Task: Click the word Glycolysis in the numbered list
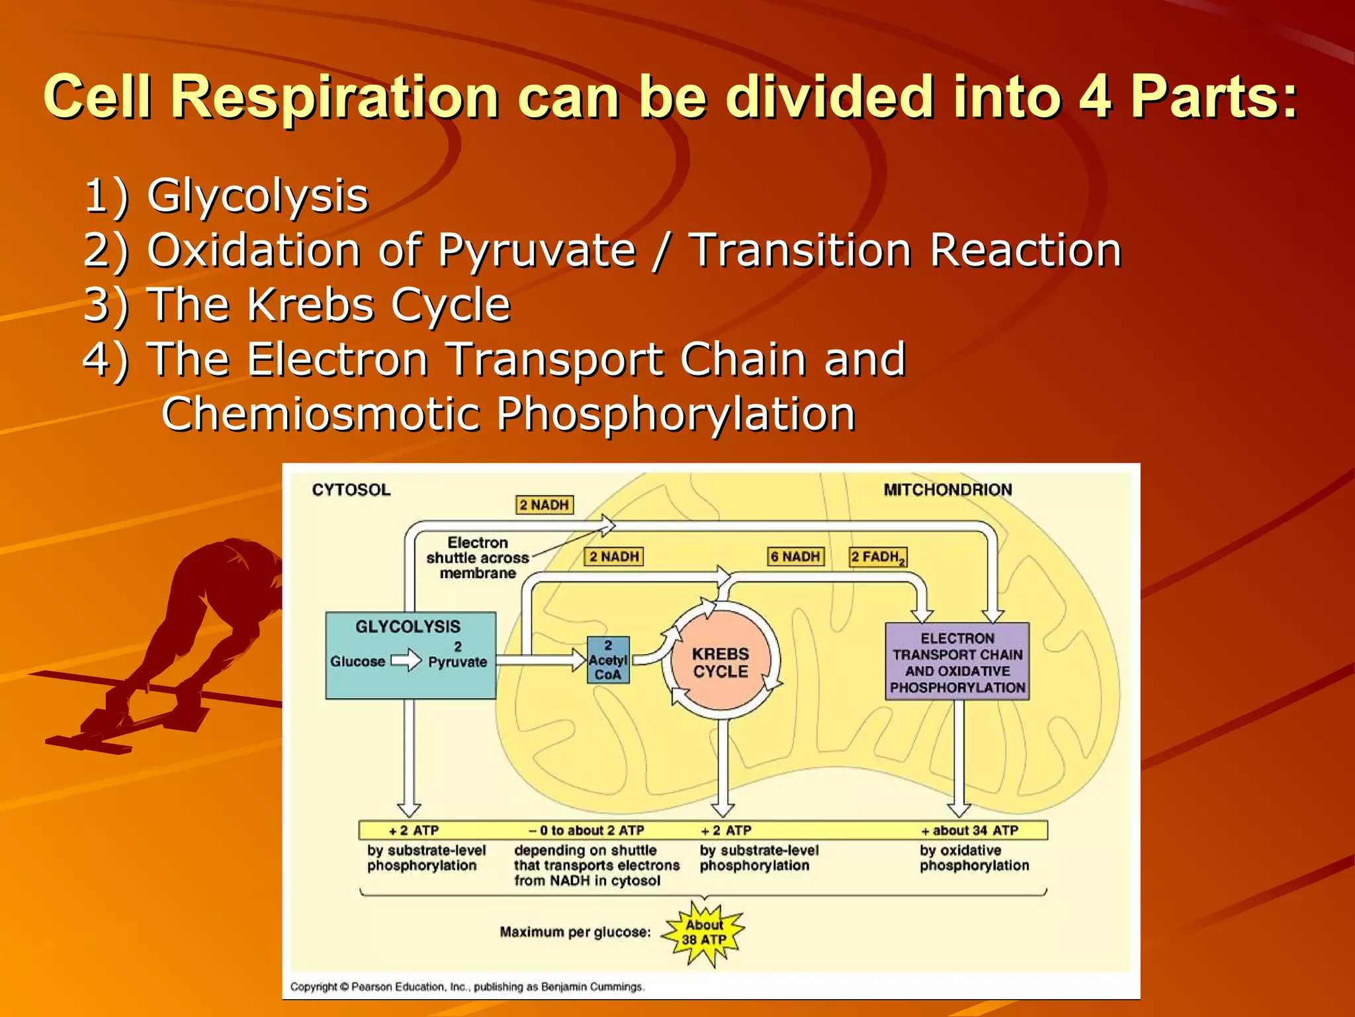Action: (257, 196)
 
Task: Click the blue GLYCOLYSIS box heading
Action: (408, 626)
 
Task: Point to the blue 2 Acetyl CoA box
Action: (608, 659)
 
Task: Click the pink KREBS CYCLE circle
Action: (721, 662)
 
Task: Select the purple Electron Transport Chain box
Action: (957, 662)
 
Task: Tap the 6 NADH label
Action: (795, 557)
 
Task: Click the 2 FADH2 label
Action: (877, 557)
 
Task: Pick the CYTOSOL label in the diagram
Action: (351, 490)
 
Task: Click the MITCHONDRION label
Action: (947, 490)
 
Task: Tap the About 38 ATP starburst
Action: (704, 933)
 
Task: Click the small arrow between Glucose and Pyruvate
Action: (406, 661)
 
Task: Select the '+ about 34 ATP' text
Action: (970, 830)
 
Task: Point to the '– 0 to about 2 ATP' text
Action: (586, 830)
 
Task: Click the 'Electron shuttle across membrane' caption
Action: (478, 557)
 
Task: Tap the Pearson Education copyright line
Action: (466, 987)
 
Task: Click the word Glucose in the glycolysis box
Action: (357, 661)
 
